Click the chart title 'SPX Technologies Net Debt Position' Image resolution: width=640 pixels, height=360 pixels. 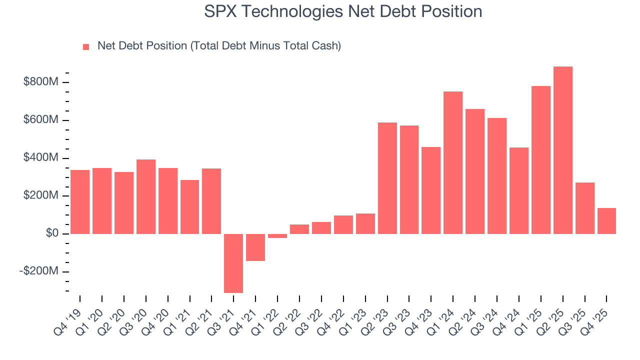click(x=343, y=11)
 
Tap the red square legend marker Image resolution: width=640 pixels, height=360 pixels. click(x=86, y=46)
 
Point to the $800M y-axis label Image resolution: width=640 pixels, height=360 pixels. click(x=41, y=82)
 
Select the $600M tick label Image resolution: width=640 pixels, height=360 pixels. click(x=41, y=120)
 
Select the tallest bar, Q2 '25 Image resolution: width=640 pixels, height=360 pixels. click(x=562, y=150)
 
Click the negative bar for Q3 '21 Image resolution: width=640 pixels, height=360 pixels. click(x=233, y=263)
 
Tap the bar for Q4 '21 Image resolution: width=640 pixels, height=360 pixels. click(x=255, y=247)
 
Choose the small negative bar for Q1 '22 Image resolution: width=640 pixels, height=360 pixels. click(x=277, y=236)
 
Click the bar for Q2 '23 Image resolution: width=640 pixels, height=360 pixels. click(x=387, y=178)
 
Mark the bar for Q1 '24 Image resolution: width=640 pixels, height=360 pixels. click(x=453, y=162)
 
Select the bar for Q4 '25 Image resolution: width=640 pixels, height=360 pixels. click(x=606, y=221)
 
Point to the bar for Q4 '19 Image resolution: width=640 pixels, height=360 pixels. click(x=80, y=202)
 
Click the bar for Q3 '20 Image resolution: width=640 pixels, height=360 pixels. click(x=146, y=196)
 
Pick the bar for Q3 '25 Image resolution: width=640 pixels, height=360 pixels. click(x=584, y=208)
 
